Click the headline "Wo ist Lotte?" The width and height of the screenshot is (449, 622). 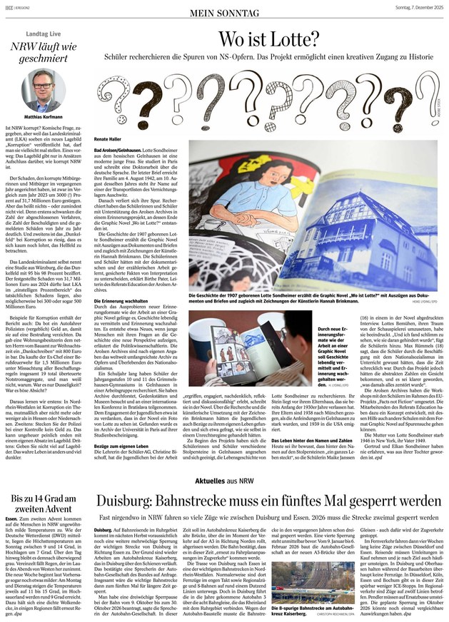coord(269,40)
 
